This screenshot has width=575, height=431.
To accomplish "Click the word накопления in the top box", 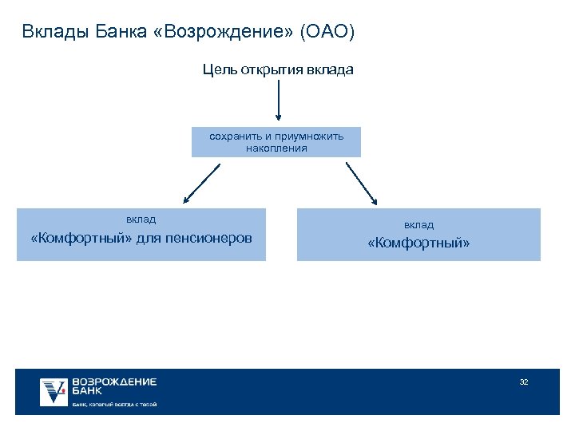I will click(276, 148).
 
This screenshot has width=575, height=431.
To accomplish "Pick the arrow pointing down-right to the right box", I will click(363, 185).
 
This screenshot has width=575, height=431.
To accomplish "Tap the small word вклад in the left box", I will click(141, 219).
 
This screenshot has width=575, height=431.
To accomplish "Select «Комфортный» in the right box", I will click(418, 243).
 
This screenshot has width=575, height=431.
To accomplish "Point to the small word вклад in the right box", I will click(418, 225).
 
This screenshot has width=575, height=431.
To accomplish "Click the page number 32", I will click(524, 382).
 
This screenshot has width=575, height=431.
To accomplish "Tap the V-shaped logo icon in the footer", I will click(54, 391).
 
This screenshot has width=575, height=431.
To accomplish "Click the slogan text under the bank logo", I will click(114, 405).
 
